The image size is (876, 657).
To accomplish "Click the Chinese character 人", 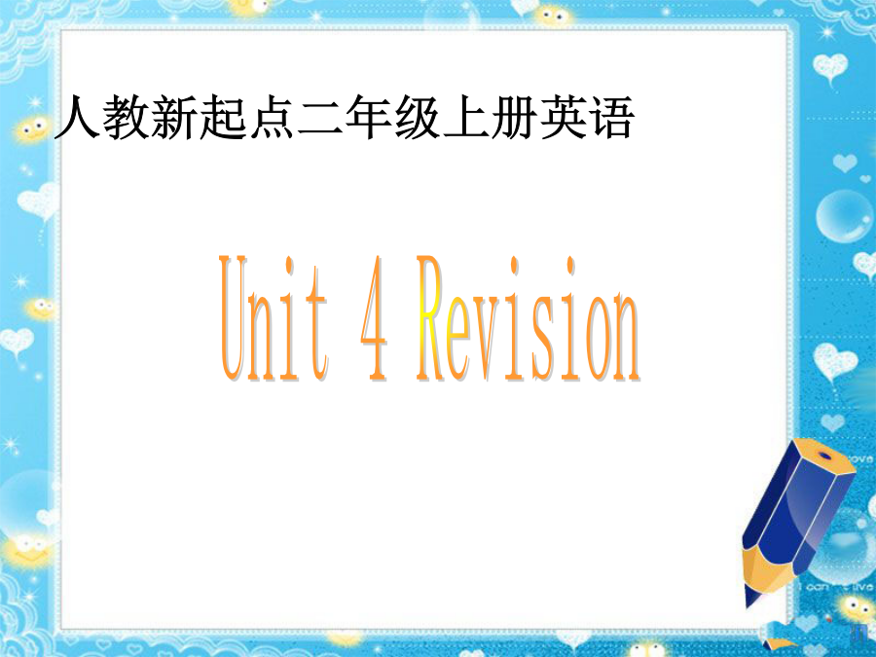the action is point(77,118).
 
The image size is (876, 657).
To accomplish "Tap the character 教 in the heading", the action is point(126,118).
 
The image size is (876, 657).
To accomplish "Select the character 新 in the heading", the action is point(174,118).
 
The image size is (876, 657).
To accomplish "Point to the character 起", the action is point(222,118).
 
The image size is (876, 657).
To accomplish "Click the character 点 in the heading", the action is point(271,118).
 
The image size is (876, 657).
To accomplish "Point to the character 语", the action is point(611,118).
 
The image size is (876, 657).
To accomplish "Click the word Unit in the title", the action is point(274,318).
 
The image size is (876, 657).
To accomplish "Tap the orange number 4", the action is point(375,319).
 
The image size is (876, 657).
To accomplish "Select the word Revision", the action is point(528,318).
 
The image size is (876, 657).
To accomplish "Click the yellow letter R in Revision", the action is point(431,318).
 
